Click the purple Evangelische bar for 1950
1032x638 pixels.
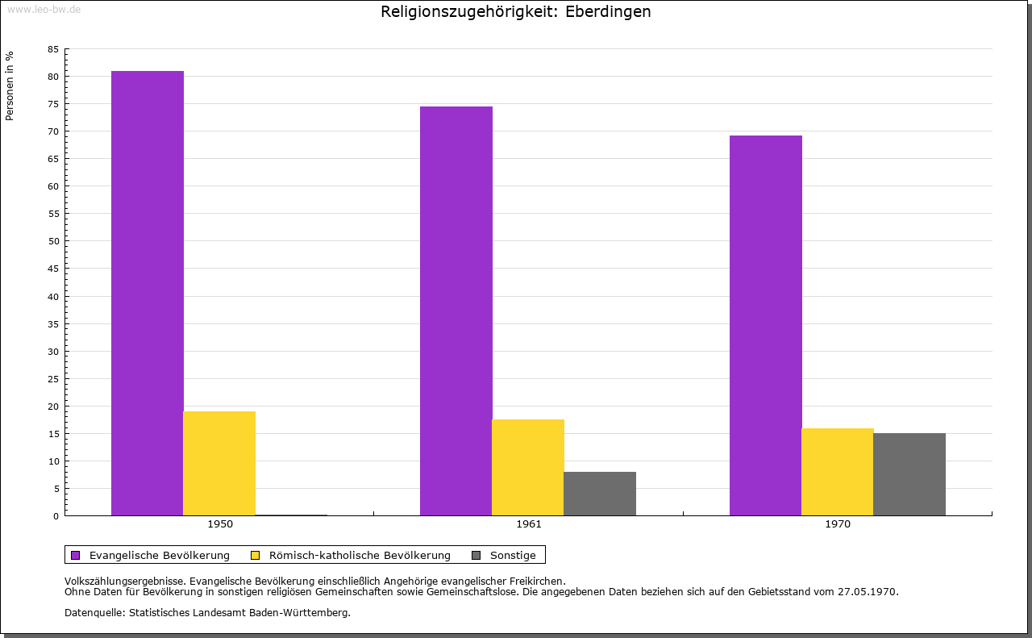[x=148, y=293]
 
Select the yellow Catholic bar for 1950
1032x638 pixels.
[x=219, y=463]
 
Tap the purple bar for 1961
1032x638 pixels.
[x=456, y=311]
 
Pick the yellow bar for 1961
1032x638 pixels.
[x=528, y=468]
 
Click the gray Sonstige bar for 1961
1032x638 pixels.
[x=600, y=494]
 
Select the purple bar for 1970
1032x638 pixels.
[x=766, y=326]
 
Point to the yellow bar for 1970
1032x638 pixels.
[x=838, y=472]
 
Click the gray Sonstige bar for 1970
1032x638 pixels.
[x=909, y=474]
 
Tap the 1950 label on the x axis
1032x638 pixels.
[x=220, y=524]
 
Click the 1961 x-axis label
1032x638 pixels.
[x=529, y=524]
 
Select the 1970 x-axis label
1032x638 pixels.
[x=838, y=524]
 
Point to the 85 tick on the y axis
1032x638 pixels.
[x=53, y=49]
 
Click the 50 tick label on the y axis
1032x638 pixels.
[x=53, y=241]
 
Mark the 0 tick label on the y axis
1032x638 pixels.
[x=56, y=516]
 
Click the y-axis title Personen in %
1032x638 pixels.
[x=9, y=85]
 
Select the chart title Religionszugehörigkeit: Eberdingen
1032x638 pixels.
[x=515, y=12]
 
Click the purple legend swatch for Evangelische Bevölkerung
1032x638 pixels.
[x=76, y=556]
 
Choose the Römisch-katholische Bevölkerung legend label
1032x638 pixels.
[x=360, y=556]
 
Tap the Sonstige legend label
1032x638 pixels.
[x=513, y=556]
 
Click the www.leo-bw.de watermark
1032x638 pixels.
[x=44, y=9]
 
